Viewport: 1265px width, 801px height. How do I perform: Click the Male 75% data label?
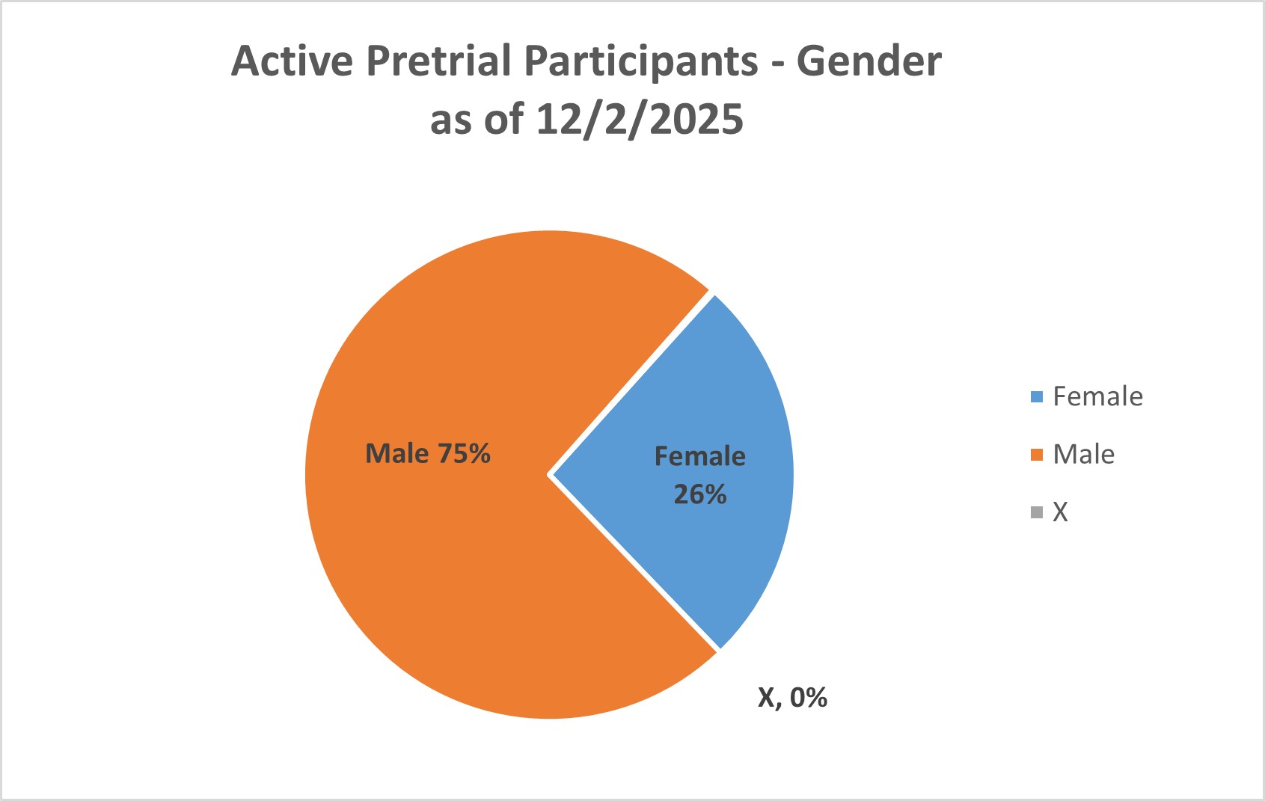pos(427,453)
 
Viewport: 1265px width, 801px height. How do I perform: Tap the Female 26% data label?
pos(699,475)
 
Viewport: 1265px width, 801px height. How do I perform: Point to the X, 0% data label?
pos(792,697)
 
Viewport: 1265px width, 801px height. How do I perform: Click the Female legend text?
pos(1097,396)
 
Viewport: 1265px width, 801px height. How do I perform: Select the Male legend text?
pos(1083,454)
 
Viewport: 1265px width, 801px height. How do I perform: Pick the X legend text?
pos(1060,512)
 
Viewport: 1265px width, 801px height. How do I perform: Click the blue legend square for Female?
pos(1036,397)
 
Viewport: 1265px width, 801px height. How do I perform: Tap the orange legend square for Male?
pos(1036,455)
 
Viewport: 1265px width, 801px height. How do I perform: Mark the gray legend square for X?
pos(1036,512)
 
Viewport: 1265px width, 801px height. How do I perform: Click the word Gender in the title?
pos(868,61)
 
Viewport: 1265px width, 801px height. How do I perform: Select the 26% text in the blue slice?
pos(699,494)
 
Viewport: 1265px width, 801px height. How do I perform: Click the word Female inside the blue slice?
pos(699,456)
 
